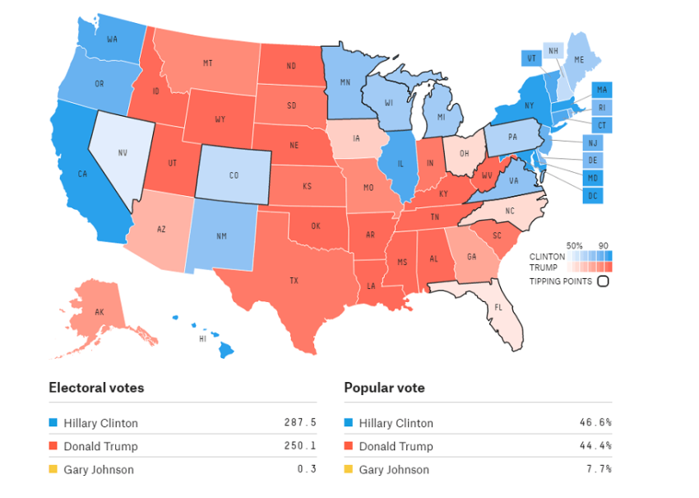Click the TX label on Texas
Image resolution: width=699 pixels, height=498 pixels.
(x=294, y=281)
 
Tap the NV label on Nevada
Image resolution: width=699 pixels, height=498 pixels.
(x=123, y=152)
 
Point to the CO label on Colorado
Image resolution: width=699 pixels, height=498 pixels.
(x=234, y=175)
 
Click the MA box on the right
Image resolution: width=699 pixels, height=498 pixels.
(x=602, y=90)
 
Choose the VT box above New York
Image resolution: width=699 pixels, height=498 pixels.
(x=530, y=58)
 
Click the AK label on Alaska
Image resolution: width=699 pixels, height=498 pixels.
(x=100, y=312)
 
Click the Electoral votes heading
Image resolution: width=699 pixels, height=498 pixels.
(x=96, y=388)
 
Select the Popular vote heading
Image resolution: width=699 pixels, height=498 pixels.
(x=384, y=388)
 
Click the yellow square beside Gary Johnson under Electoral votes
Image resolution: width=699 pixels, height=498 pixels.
(x=53, y=470)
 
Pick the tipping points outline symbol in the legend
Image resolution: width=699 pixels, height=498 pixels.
(x=603, y=282)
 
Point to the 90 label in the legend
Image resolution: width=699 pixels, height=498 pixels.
(x=603, y=246)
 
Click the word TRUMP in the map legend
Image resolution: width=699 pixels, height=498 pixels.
(x=543, y=267)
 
